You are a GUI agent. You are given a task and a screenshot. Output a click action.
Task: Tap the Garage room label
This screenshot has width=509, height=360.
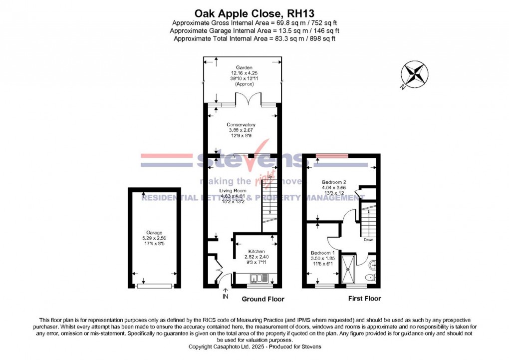pyautogui.click(x=154, y=232)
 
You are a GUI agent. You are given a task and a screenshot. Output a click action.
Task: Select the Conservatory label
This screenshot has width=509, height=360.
pyautogui.click(x=241, y=125)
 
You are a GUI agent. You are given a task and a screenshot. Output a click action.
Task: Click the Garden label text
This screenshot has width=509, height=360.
pyautogui.click(x=245, y=67)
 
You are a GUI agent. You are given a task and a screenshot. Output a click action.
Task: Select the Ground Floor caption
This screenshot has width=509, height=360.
pyautogui.click(x=263, y=299)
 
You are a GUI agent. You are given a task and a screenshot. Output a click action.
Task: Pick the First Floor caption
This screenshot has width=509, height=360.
pyautogui.click(x=364, y=299)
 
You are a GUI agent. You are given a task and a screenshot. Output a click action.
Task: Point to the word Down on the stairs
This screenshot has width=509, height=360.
pyautogui.click(x=368, y=240)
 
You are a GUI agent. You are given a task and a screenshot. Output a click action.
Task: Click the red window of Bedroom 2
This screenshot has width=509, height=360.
pyautogui.click(x=333, y=156)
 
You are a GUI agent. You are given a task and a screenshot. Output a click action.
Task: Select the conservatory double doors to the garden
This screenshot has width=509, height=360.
pyautogui.click(x=248, y=100)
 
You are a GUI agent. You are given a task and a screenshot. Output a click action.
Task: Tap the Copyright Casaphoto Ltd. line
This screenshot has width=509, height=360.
pyautogui.click(x=254, y=346)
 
